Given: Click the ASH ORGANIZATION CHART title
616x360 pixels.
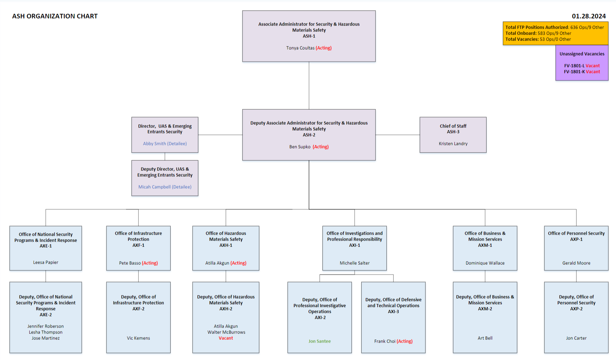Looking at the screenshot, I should click(x=55, y=16).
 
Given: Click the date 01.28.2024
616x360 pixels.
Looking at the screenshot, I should click(x=588, y=16).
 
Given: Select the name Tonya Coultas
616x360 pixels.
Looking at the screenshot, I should click(x=300, y=48).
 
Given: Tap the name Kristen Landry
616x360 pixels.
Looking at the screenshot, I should click(x=453, y=144).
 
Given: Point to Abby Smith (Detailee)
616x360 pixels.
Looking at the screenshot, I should click(x=165, y=144).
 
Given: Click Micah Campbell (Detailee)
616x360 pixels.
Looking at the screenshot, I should click(x=165, y=187).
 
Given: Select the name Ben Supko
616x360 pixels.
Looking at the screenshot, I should click(x=300, y=147).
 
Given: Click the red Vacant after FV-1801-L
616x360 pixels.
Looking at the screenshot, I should click(x=593, y=66).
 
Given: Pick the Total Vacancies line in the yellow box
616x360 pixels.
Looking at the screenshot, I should click(x=538, y=39).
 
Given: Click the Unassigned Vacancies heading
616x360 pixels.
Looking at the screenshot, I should click(x=582, y=54).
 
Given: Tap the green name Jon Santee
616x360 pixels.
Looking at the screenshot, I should click(x=319, y=341).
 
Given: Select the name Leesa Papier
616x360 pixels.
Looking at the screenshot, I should click(x=46, y=262).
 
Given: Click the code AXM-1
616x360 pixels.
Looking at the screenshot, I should click(x=485, y=245).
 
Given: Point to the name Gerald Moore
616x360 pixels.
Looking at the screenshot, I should click(x=576, y=263).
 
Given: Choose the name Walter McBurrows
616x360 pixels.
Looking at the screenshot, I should click(x=226, y=332).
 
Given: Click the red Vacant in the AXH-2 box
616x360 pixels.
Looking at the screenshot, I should click(x=226, y=338).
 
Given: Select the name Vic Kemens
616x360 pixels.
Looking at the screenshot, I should click(x=138, y=338).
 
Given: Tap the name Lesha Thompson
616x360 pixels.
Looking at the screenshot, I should click(x=46, y=332).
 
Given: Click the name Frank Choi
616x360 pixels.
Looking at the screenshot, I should click(x=385, y=341).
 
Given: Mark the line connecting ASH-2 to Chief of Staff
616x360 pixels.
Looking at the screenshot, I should click(x=398, y=135).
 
